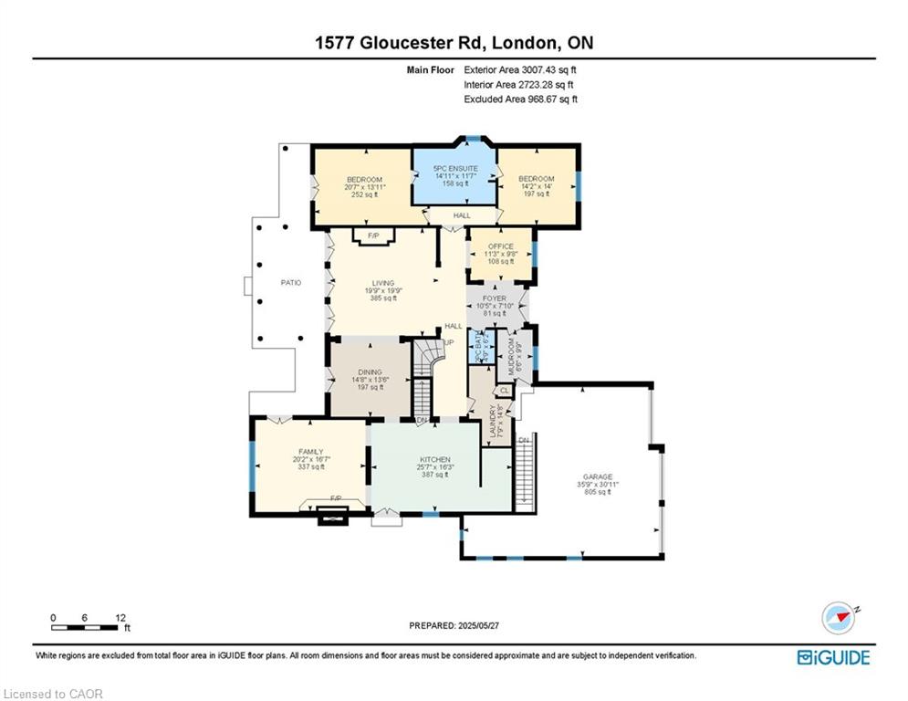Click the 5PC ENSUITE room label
[x=456, y=169]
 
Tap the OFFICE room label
[x=501, y=246]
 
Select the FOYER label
[x=494, y=298]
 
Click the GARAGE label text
[x=598, y=476]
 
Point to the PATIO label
[x=290, y=282]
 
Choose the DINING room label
[x=370, y=371]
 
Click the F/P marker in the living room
[x=373, y=235]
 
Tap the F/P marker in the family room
[x=335, y=497]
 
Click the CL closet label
[x=505, y=391]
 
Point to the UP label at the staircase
[x=450, y=343]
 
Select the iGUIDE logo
[x=832, y=657]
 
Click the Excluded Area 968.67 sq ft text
[x=520, y=99]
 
